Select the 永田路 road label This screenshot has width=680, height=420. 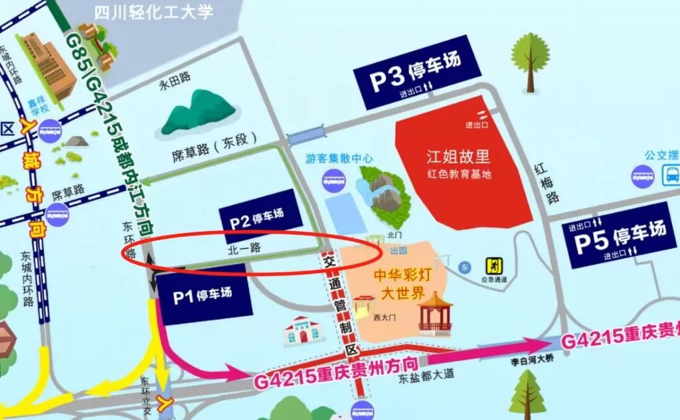click(x=173, y=85)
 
